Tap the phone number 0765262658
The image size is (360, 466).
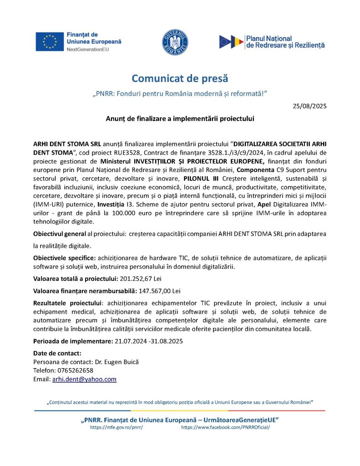pyautogui.click(x=74, y=370)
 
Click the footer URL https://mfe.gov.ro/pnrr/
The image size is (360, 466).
pyautogui.click(x=117, y=427)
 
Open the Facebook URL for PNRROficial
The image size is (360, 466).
pyautogui.click(x=225, y=427)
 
